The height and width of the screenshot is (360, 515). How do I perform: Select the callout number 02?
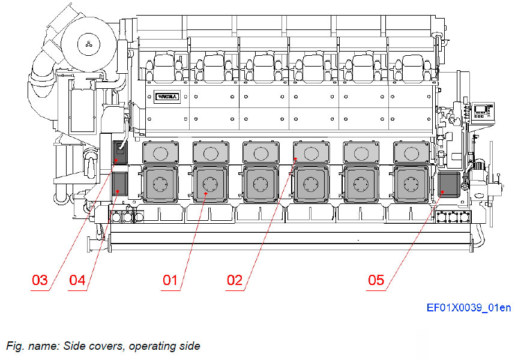click(235, 280)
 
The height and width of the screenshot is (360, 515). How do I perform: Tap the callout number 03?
click(40, 280)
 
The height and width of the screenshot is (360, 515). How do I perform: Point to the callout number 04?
click(77, 280)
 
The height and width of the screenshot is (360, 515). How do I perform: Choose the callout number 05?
click(376, 280)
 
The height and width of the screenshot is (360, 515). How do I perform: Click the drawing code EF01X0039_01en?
click(469, 308)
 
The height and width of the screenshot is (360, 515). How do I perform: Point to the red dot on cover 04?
click(118, 191)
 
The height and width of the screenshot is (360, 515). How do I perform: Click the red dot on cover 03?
click(118, 161)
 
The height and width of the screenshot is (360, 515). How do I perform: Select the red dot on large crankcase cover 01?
click(205, 193)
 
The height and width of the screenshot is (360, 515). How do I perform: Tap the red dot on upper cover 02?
click(295, 159)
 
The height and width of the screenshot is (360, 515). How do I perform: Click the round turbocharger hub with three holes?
click(88, 43)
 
